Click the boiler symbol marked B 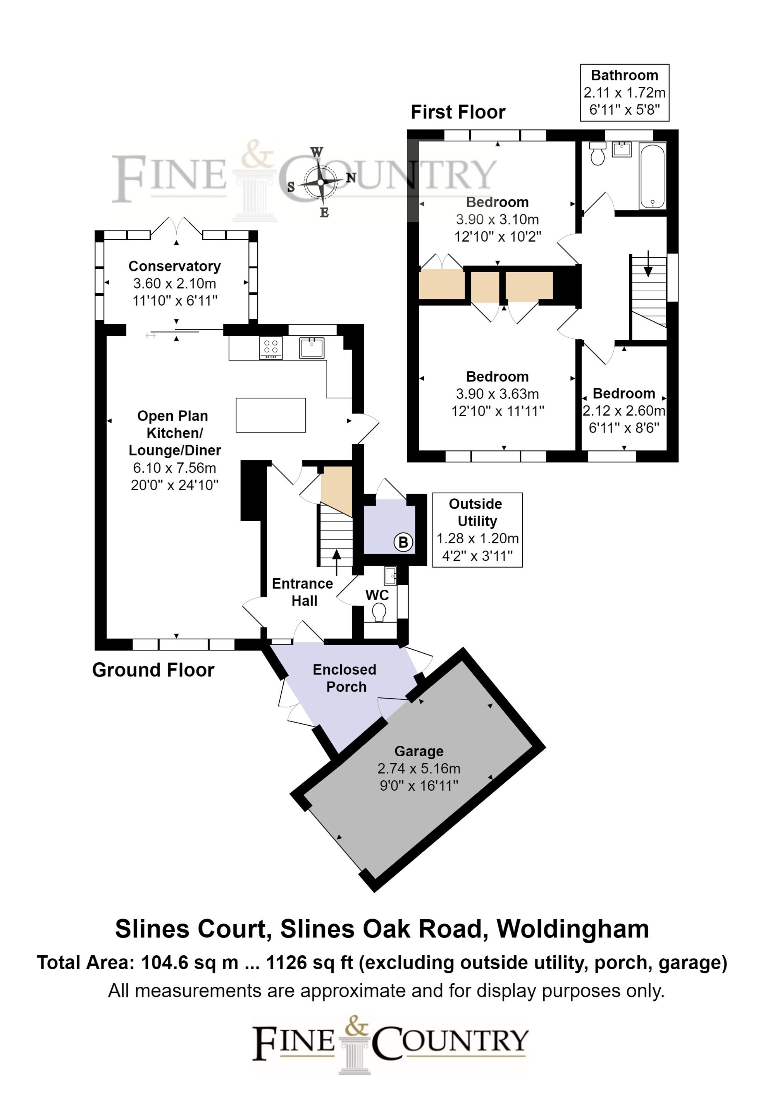pyautogui.click(x=403, y=543)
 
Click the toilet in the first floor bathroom pyautogui.click(x=598, y=154)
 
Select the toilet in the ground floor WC pyautogui.click(x=379, y=613)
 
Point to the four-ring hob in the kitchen pyautogui.click(x=270, y=348)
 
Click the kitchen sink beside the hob pyautogui.click(x=311, y=347)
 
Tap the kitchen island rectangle pyautogui.click(x=270, y=415)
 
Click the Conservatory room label pyautogui.click(x=174, y=266)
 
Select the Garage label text pyautogui.click(x=419, y=751)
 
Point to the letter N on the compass pyautogui.click(x=351, y=178)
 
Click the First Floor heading pyautogui.click(x=458, y=112)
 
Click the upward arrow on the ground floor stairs pyautogui.click(x=336, y=561)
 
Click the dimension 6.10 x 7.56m pyautogui.click(x=174, y=468)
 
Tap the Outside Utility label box pyautogui.click(x=477, y=529)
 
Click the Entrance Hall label pyautogui.click(x=302, y=592)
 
